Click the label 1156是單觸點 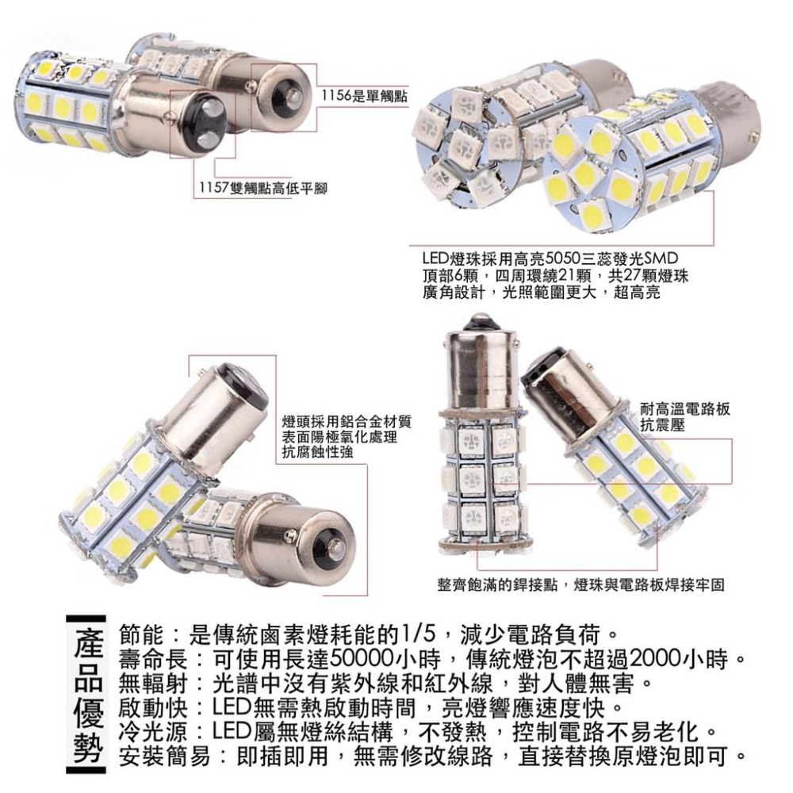click(363, 96)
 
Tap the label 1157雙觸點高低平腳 click(262, 187)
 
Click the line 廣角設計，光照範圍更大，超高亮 click(540, 293)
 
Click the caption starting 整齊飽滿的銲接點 click(580, 584)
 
